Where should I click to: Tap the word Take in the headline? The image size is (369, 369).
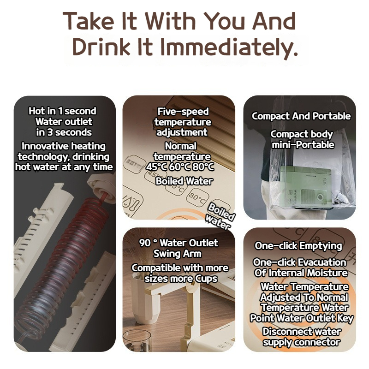pyautogui.click(x=88, y=21)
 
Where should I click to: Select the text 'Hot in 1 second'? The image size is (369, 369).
pyautogui.click(x=62, y=111)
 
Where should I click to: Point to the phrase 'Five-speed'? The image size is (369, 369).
pyautogui.click(x=183, y=112)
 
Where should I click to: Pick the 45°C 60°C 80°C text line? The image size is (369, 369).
pyautogui.click(x=180, y=167)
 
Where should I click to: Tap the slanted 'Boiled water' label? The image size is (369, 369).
pyautogui.click(x=220, y=216)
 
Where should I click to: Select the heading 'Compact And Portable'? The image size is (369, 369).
pyautogui.click(x=301, y=116)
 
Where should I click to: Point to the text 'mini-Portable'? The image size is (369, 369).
pyautogui.click(x=303, y=145)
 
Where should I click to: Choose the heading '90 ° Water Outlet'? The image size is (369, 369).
pyautogui.click(x=179, y=243)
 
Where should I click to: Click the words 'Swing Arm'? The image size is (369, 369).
pyautogui.click(x=178, y=254)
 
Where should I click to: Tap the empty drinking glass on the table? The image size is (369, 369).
pyautogui.click(x=137, y=341)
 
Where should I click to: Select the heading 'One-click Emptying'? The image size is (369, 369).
pyautogui.click(x=298, y=246)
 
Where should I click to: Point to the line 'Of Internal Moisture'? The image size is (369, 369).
pyautogui.click(x=301, y=273)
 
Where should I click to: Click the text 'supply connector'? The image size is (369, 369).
pyautogui.click(x=302, y=342)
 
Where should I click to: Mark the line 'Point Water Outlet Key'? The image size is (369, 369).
pyautogui.click(x=302, y=318)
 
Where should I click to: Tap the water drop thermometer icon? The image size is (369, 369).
pyautogui.click(x=132, y=202)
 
